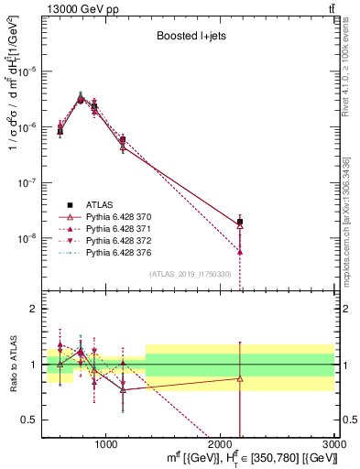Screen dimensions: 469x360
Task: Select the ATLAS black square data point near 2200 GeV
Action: [x=240, y=222]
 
